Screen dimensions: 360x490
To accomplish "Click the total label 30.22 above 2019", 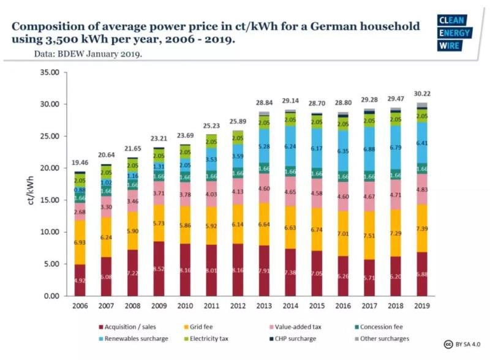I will pos(421,93).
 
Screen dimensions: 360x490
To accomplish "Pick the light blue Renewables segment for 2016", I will pos(343,150).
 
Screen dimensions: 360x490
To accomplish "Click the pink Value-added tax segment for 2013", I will pos(264,189).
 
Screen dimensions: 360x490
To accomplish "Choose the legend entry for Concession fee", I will pos(379,328).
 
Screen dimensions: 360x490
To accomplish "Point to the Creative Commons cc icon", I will pos(448,344).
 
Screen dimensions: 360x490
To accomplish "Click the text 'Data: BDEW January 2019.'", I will pos(89,54).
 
